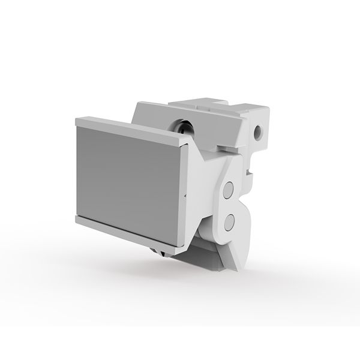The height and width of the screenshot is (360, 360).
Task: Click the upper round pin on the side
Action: coord(228,191)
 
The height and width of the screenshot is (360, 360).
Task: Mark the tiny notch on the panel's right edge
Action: coord(185,196)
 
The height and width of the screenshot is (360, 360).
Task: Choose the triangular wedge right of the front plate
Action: coord(198,180)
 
